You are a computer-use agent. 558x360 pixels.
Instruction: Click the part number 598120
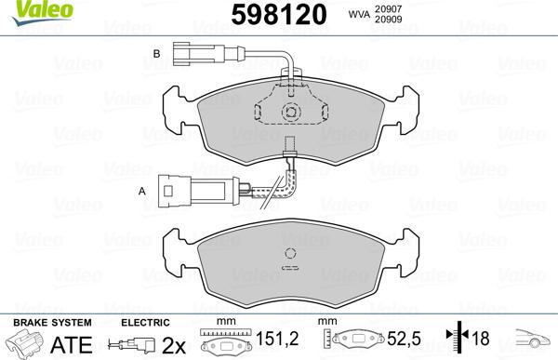273,15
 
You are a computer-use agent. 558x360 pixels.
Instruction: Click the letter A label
142,191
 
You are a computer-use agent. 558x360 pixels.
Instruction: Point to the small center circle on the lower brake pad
291,253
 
